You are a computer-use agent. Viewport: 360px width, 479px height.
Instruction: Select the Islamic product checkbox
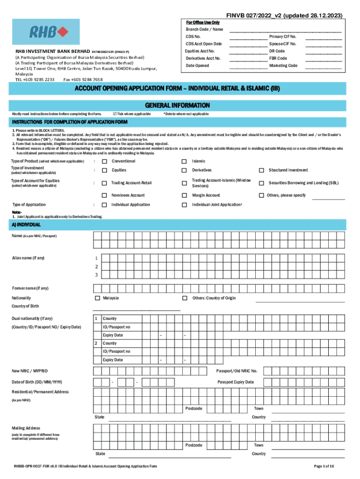pos(184,161)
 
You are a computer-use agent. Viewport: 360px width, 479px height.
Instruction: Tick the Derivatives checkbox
pos(184,170)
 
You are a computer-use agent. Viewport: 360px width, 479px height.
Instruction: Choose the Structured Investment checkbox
pos(262,170)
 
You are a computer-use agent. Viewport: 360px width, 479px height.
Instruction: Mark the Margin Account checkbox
pos(184,196)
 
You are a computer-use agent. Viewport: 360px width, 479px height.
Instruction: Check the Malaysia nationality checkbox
pos(97,298)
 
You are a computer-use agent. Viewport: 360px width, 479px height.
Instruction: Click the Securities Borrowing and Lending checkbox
pos(262,183)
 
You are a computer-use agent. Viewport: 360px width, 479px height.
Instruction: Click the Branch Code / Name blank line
pos(285,30)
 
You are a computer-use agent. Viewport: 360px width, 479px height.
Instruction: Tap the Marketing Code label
pos(283,66)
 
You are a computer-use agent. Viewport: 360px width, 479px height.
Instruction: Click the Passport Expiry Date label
pos(236,382)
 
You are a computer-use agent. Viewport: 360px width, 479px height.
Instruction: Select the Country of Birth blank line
pos(137,309)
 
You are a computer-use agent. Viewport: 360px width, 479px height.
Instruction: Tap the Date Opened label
pos(197,66)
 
